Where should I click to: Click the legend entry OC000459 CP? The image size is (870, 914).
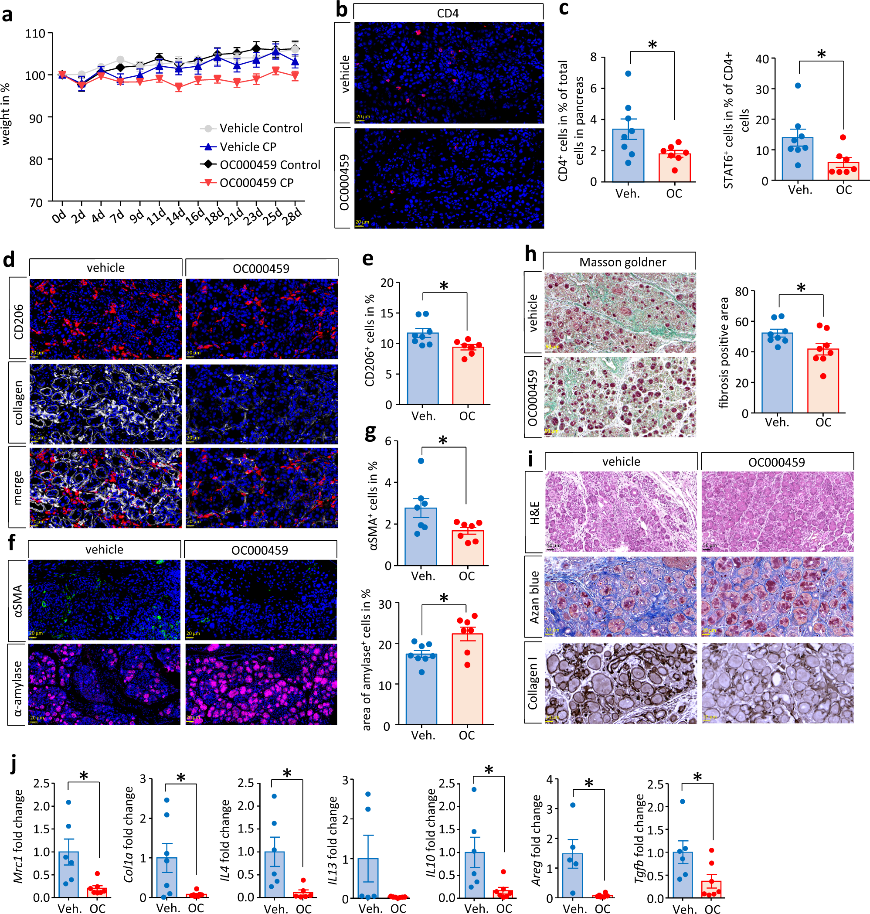pyautogui.click(x=256, y=183)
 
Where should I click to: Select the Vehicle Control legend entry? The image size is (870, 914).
pyautogui.click(x=261, y=128)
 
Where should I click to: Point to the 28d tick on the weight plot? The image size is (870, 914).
pyautogui.click(x=293, y=217)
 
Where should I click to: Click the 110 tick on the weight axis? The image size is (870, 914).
pyautogui.click(x=35, y=34)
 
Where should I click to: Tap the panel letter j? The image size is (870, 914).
pyautogui.click(x=14, y=764)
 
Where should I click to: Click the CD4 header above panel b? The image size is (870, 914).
pyautogui.click(x=448, y=14)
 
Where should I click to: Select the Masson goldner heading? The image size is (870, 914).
pyautogui.click(x=622, y=262)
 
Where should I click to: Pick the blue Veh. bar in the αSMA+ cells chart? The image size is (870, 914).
pyautogui.click(x=421, y=536)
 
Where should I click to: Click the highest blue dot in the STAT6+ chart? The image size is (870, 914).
pyautogui.click(x=798, y=86)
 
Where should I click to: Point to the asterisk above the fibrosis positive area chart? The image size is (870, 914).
pyautogui.click(x=801, y=289)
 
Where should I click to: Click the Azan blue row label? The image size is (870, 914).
pyautogui.click(x=534, y=597)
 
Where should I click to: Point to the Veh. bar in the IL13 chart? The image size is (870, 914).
pyautogui.click(x=368, y=878)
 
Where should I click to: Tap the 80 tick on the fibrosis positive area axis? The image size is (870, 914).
pyautogui.click(x=741, y=292)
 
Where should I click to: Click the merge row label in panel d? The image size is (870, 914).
pyautogui.click(x=17, y=487)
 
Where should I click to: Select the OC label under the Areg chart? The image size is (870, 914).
pyautogui.click(x=602, y=908)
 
